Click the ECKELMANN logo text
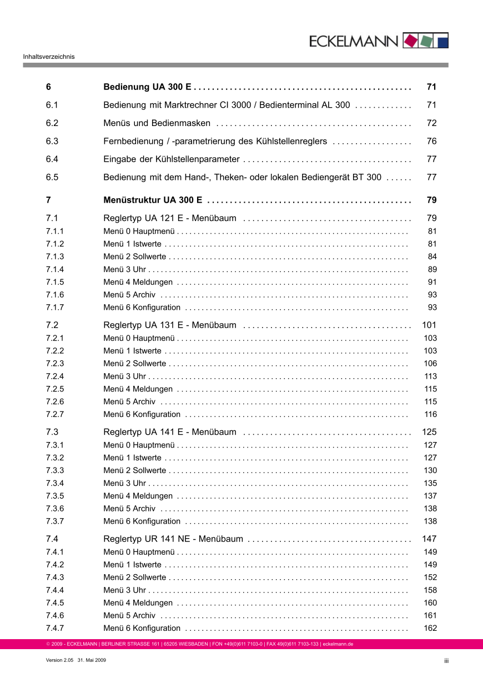[x=354, y=41]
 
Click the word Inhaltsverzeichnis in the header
[x=49, y=57]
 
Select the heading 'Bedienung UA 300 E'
[x=148, y=87]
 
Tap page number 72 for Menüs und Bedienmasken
[x=431, y=123]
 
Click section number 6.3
[x=52, y=142]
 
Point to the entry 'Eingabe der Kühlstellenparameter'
[x=172, y=159]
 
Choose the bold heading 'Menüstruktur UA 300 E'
[x=153, y=200]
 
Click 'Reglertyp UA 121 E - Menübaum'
[x=170, y=218]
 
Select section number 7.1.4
[x=55, y=269]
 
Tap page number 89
[x=432, y=269]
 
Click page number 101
[x=429, y=325]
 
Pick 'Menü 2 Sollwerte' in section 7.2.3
[x=134, y=364]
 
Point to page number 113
[x=430, y=376]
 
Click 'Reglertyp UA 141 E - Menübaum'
[x=170, y=432]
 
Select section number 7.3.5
[x=55, y=496]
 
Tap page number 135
[x=430, y=483]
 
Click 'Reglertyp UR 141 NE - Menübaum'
[x=173, y=539]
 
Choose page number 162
[x=430, y=629]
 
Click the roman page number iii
[x=446, y=661]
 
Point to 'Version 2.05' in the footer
[x=59, y=660]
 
